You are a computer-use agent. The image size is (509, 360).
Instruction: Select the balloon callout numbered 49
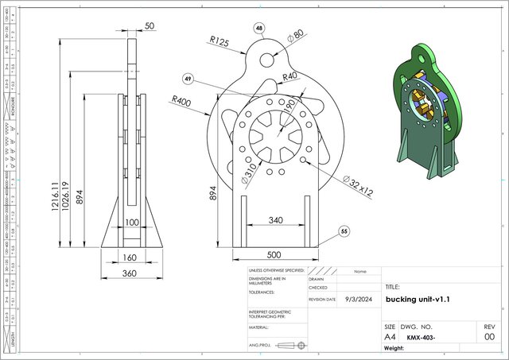(x=188, y=79)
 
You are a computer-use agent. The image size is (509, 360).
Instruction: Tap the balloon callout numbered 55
(x=344, y=231)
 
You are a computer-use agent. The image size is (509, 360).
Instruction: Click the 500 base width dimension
(x=273, y=255)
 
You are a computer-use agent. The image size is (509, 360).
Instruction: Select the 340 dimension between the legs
(x=274, y=220)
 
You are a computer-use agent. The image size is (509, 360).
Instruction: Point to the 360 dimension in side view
(x=130, y=273)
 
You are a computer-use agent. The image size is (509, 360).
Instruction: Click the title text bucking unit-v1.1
(x=418, y=300)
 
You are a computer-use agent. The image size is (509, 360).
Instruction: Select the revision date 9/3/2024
(x=358, y=300)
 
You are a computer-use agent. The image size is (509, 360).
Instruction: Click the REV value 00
(x=489, y=337)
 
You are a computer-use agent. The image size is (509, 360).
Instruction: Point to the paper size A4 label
(x=390, y=337)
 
